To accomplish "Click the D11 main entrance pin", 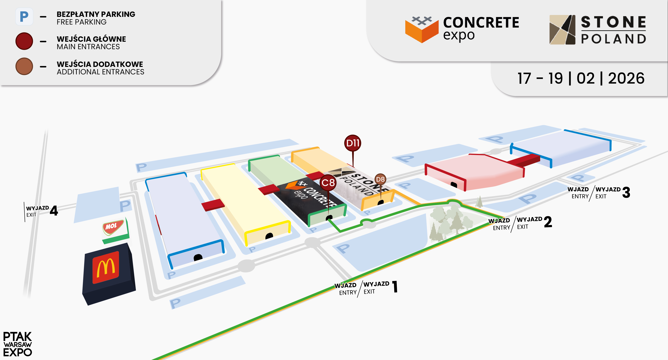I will point(353,143).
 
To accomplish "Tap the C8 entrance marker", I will point(328,183).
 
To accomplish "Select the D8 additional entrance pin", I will point(380,179).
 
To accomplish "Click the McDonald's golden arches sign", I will point(106,267).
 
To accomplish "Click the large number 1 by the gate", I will point(395,287).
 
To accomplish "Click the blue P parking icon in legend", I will point(24,17).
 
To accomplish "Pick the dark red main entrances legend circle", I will point(24,41).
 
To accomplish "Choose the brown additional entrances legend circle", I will point(24,66).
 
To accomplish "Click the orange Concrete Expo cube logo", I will point(422,29).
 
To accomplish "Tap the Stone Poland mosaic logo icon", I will point(562,30).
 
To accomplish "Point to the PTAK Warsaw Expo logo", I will point(17,344).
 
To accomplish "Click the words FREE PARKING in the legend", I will point(82,22).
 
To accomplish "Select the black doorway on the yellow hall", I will point(269,236).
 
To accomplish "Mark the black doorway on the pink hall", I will point(454,185).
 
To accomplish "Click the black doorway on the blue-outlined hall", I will point(198,257).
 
